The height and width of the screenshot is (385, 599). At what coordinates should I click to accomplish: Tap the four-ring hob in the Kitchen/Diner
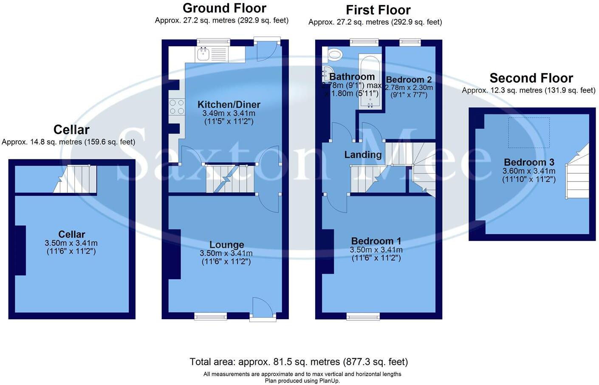177,107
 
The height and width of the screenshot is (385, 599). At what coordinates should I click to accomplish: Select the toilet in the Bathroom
335,54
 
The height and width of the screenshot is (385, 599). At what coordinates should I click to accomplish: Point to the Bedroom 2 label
409,79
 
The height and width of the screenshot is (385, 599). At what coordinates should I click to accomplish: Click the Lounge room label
226,245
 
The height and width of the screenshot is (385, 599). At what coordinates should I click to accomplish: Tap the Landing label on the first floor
362,155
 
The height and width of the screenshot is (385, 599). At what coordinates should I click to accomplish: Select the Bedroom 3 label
529,162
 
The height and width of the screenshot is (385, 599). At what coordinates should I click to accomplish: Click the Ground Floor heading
224,8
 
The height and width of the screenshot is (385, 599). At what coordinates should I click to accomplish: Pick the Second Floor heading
531,78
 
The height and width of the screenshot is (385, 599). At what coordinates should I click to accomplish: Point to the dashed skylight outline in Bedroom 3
529,133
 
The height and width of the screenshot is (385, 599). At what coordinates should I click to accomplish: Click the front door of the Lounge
263,308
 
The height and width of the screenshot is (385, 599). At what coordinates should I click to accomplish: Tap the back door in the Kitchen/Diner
267,50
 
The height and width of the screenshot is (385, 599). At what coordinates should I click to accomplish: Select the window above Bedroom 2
410,42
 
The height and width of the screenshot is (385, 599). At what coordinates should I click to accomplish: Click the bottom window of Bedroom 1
363,316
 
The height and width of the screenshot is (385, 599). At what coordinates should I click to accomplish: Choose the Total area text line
299,362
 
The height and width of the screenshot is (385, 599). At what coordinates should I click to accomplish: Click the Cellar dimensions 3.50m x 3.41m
71,243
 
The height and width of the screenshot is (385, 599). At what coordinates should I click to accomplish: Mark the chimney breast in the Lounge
175,254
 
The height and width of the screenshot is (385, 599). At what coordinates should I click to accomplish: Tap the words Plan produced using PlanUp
302,381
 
